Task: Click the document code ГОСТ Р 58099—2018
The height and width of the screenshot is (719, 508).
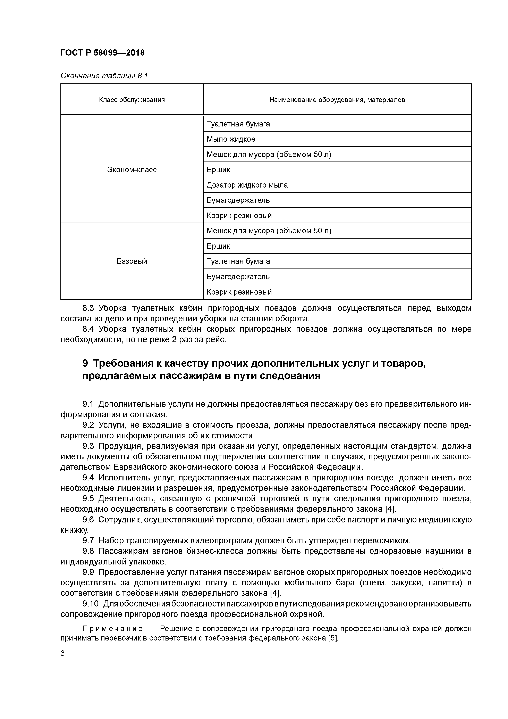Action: pos(102,53)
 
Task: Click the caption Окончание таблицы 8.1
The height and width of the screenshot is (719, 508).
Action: pos(104,76)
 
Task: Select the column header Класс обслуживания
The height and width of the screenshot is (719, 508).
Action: pos(132,100)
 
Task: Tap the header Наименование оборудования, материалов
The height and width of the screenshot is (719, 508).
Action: pos(337,100)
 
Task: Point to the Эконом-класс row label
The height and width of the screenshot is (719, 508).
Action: pos(132,170)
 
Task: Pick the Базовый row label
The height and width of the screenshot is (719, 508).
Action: pos(132,261)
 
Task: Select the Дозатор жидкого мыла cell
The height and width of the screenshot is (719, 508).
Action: pos(247,185)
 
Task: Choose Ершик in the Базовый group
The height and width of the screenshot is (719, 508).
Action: pos(218,246)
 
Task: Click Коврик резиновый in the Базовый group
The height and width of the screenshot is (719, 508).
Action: pos(239,292)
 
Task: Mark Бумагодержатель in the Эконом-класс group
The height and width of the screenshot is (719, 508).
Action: pos(238,200)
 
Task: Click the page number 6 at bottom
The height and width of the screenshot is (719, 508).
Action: pos(62,653)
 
